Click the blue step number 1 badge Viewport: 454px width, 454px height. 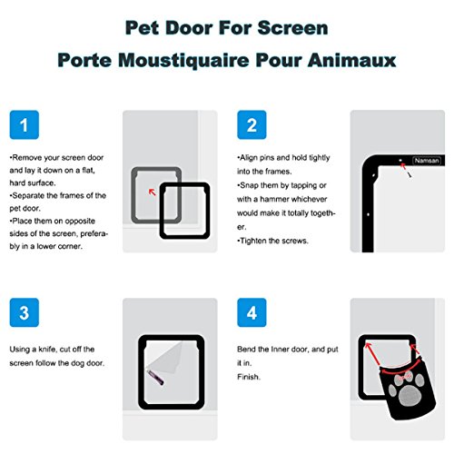pyautogui.click(x=25, y=124)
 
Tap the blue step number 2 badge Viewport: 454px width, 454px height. pyautogui.click(x=252, y=124)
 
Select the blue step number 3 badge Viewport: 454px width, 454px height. pyautogui.click(x=25, y=312)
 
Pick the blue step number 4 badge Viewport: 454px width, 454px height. pyautogui.click(x=252, y=312)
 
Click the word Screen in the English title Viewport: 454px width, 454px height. pyautogui.click(x=292, y=28)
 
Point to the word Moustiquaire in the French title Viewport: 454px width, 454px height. pyautogui.click(x=183, y=60)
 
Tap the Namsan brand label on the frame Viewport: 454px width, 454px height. pyautogui.click(x=427, y=161)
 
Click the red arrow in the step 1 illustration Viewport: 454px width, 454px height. pyautogui.click(x=153, y=192)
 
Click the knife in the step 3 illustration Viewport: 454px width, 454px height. pyautogui.click(x=156, y=378)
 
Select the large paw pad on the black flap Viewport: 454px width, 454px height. pyautogui.click(x=410, y=396)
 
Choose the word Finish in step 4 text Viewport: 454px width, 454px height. pyautogui.click(x=249, y=377)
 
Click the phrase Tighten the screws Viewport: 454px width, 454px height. pyautogui.click(x=272, y=241)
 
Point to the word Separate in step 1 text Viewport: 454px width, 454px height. pyautogui.click(x=27, y=195)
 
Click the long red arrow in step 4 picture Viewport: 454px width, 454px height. pyautogui.click(x=372, y=353)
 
